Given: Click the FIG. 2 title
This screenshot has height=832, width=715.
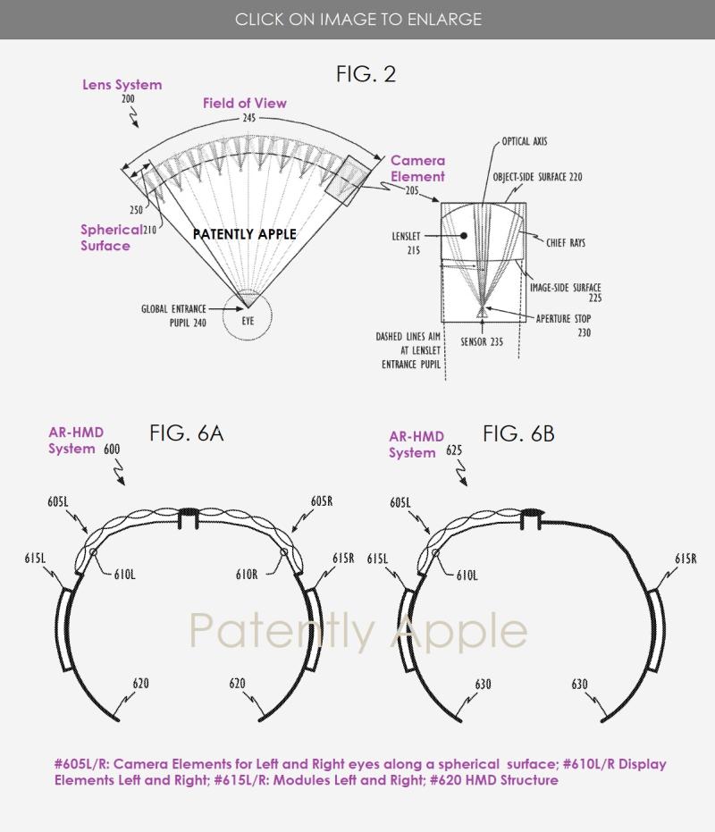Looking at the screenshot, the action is tap(366, 74).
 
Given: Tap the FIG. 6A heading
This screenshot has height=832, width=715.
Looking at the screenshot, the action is tap(186, 433).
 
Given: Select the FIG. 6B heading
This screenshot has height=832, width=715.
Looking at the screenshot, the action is tap(518, 434).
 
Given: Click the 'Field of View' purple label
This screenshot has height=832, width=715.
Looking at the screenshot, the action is tap(245, 103).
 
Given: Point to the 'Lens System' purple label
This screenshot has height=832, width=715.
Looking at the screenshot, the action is tap(122, 85).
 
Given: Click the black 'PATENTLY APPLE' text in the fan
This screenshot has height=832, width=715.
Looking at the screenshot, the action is tap(245, 234).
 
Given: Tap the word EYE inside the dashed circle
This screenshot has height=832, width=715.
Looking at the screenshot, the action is tap(248, 321).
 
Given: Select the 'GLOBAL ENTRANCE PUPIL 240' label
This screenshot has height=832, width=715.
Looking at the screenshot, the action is tap(173, 315).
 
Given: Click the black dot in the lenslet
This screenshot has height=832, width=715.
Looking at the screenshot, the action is tap(463, 236).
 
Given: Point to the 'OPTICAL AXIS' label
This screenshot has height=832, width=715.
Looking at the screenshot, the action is tap(525, 141).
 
